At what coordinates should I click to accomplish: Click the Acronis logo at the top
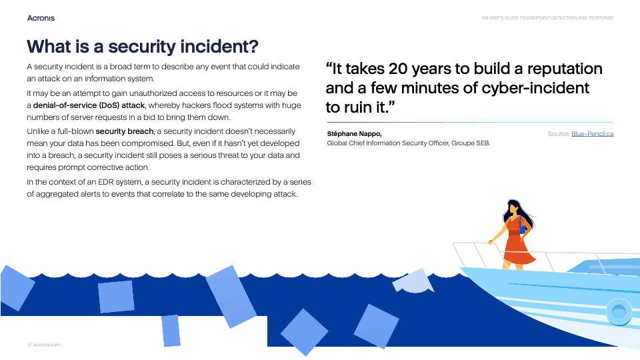[41, 18]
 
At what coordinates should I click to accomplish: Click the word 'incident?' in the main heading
[219, 47]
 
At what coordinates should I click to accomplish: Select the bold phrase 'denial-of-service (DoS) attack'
[89, 105]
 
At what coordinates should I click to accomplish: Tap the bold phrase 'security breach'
[125, 131]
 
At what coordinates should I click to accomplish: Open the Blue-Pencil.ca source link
[592, 134]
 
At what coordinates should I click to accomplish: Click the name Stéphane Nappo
[354, 134]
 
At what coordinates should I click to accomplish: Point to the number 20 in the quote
[398, 69]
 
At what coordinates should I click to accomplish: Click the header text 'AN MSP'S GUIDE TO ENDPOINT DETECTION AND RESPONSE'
[547, 18]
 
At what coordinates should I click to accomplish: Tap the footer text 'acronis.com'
[47, 345]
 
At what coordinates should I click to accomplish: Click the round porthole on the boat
[619, 312]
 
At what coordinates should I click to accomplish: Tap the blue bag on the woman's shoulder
[523, 228]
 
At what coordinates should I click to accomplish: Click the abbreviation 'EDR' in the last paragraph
[106, 182]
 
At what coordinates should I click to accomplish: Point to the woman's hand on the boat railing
[491, 242]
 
